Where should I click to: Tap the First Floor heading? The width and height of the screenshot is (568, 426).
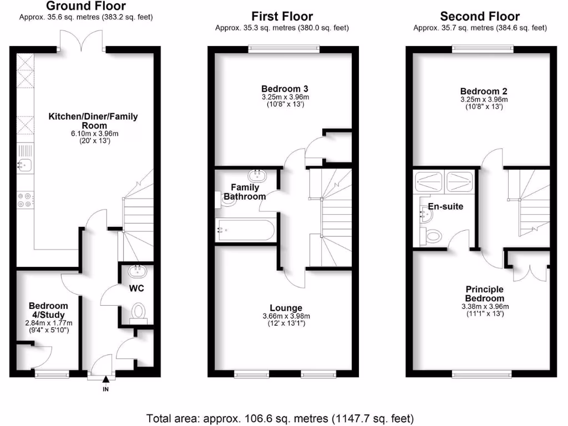282,17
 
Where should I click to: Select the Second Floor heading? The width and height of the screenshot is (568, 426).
480,17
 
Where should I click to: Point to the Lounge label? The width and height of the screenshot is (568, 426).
286,308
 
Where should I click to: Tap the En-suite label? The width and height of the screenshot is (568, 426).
445,206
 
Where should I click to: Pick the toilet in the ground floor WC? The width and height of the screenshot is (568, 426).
138,312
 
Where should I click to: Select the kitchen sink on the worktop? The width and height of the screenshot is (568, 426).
25,165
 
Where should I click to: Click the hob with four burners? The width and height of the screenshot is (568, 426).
26,199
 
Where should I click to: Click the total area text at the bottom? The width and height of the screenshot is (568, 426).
280,418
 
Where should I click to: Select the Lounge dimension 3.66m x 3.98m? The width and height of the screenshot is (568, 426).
286,317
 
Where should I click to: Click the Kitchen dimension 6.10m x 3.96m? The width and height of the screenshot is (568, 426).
93,133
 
